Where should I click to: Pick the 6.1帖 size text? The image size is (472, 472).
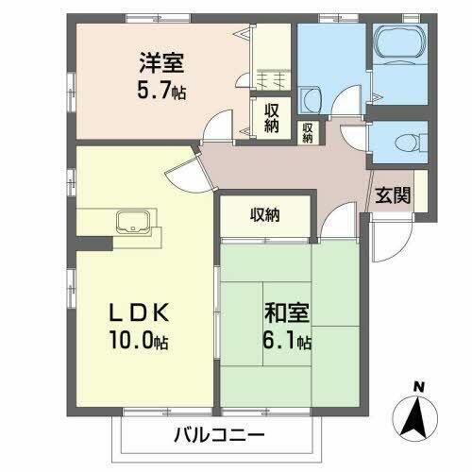(x=287, y=340)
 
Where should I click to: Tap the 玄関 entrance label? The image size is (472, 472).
(x=393, y=195)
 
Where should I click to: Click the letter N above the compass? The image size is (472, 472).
(x=418, y=384)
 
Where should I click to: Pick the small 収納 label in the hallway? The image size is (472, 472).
(x=308, y=131)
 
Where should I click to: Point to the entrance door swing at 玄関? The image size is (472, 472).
(x=387, y=244)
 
